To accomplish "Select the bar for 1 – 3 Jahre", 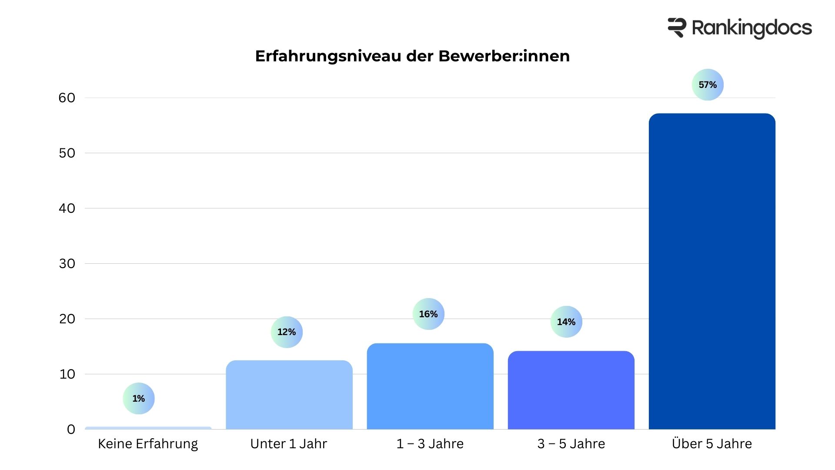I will point(430,386).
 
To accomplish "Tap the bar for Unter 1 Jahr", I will point(289,395).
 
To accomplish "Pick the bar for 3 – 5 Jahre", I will point(571,390).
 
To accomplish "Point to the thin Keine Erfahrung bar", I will point(148,428).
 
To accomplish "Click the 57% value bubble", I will point(708,85).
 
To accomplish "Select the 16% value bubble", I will point(428,314).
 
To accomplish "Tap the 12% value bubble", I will point(287,332).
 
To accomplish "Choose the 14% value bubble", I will point(566,322).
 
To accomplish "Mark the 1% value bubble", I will point(139,398).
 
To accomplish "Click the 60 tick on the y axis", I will point(67,98).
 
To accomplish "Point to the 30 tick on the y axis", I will point(67,264).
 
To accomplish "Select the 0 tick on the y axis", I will point(71,430).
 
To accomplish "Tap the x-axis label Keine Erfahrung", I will point(148,444).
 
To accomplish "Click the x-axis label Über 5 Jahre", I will point(712,444).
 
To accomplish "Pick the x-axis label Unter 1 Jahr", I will point(289,444).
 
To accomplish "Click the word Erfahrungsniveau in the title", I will point(328,56).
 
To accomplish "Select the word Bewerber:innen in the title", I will point(504,56).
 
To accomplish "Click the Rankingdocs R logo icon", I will point(677,28).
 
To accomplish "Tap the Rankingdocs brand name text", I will point(751,28).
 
